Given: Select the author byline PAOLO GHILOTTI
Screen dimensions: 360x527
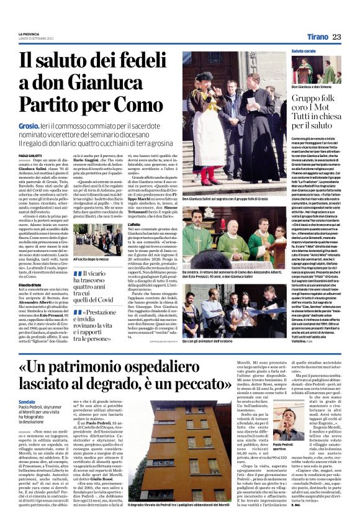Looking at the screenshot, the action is coord(32,155).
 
